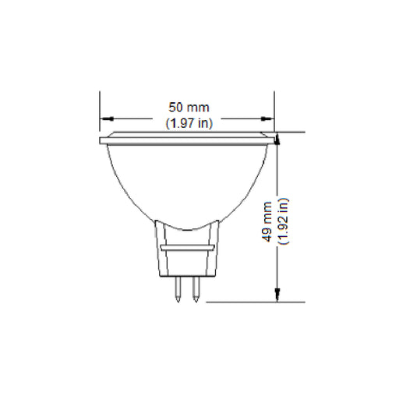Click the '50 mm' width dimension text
pyautogui.click(x=189, y=108)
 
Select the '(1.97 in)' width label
pyautogui.click(x=189, y=122)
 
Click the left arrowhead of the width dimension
pyautogui.click(x=104, y=118)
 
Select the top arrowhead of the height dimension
pyautogui.click(x=277, y=136)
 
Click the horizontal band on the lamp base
pyautogui.click(x=187, y=246)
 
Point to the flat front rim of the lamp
pyautogui.click(x=187, y=139)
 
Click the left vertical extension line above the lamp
pyautogui.click(x=100, y=109)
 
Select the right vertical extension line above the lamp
pyautogui.click(x=274, y=109)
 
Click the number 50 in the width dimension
pyautogui.click(x=178, y=108)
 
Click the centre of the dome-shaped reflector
pyautogui.click(x=187, y=179)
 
